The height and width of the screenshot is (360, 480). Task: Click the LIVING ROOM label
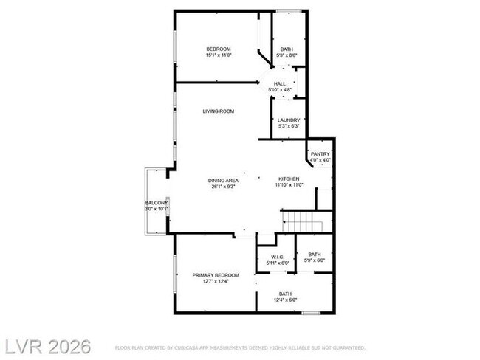[x=219, y=111]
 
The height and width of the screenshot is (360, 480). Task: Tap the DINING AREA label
[x=222, y=180]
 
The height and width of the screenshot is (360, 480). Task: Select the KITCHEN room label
[x=288, y=180]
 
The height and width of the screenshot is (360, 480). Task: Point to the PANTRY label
[x=320, y=154]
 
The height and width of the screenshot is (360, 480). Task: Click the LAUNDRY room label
[x=288, y=120]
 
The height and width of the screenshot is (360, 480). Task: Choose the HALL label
[x=280, y=84]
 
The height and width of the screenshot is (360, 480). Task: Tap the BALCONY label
[x=157, y=203]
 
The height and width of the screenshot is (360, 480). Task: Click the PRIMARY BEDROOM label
[x=216, y=275]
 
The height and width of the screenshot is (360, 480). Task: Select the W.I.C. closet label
[x=277, y=257]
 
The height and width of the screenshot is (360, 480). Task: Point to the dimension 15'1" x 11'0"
[x=219, y=55]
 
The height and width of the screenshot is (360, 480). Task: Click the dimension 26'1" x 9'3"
[x=222, y=186]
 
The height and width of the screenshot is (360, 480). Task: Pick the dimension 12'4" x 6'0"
[x=285, y=300]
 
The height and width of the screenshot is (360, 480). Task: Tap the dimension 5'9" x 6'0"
[x=315, y=260]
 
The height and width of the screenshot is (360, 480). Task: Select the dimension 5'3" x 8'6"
[x=286, y=55]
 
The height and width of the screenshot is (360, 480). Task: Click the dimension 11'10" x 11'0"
[x=288, y=186]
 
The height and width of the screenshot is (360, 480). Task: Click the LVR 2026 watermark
[x=46, y=346]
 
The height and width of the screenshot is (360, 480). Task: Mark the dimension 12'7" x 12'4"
[x=216, y=281]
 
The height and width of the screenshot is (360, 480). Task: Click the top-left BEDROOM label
[x=219, y=49]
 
